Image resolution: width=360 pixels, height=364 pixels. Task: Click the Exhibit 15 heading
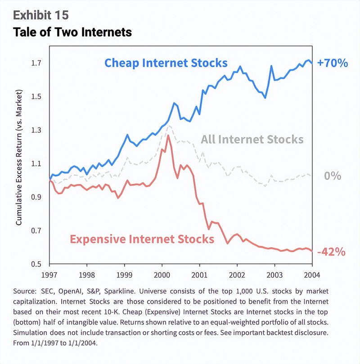[41, 15]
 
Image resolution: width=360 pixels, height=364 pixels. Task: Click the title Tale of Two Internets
[72, 32]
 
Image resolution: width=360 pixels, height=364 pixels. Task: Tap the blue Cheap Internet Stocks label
[166, 62]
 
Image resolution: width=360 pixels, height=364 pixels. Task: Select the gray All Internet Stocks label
[252, 139]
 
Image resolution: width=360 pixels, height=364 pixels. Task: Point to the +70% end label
[332, 63]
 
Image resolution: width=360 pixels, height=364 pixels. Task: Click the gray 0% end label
[333, 176]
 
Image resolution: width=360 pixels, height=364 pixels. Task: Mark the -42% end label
[331, 252]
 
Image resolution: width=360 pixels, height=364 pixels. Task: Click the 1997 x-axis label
[49, 274]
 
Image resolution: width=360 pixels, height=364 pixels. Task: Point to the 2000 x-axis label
[162, 274]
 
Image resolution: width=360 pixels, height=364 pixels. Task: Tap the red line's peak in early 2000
[168, 135]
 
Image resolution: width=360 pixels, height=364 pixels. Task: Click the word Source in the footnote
[27, 291]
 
